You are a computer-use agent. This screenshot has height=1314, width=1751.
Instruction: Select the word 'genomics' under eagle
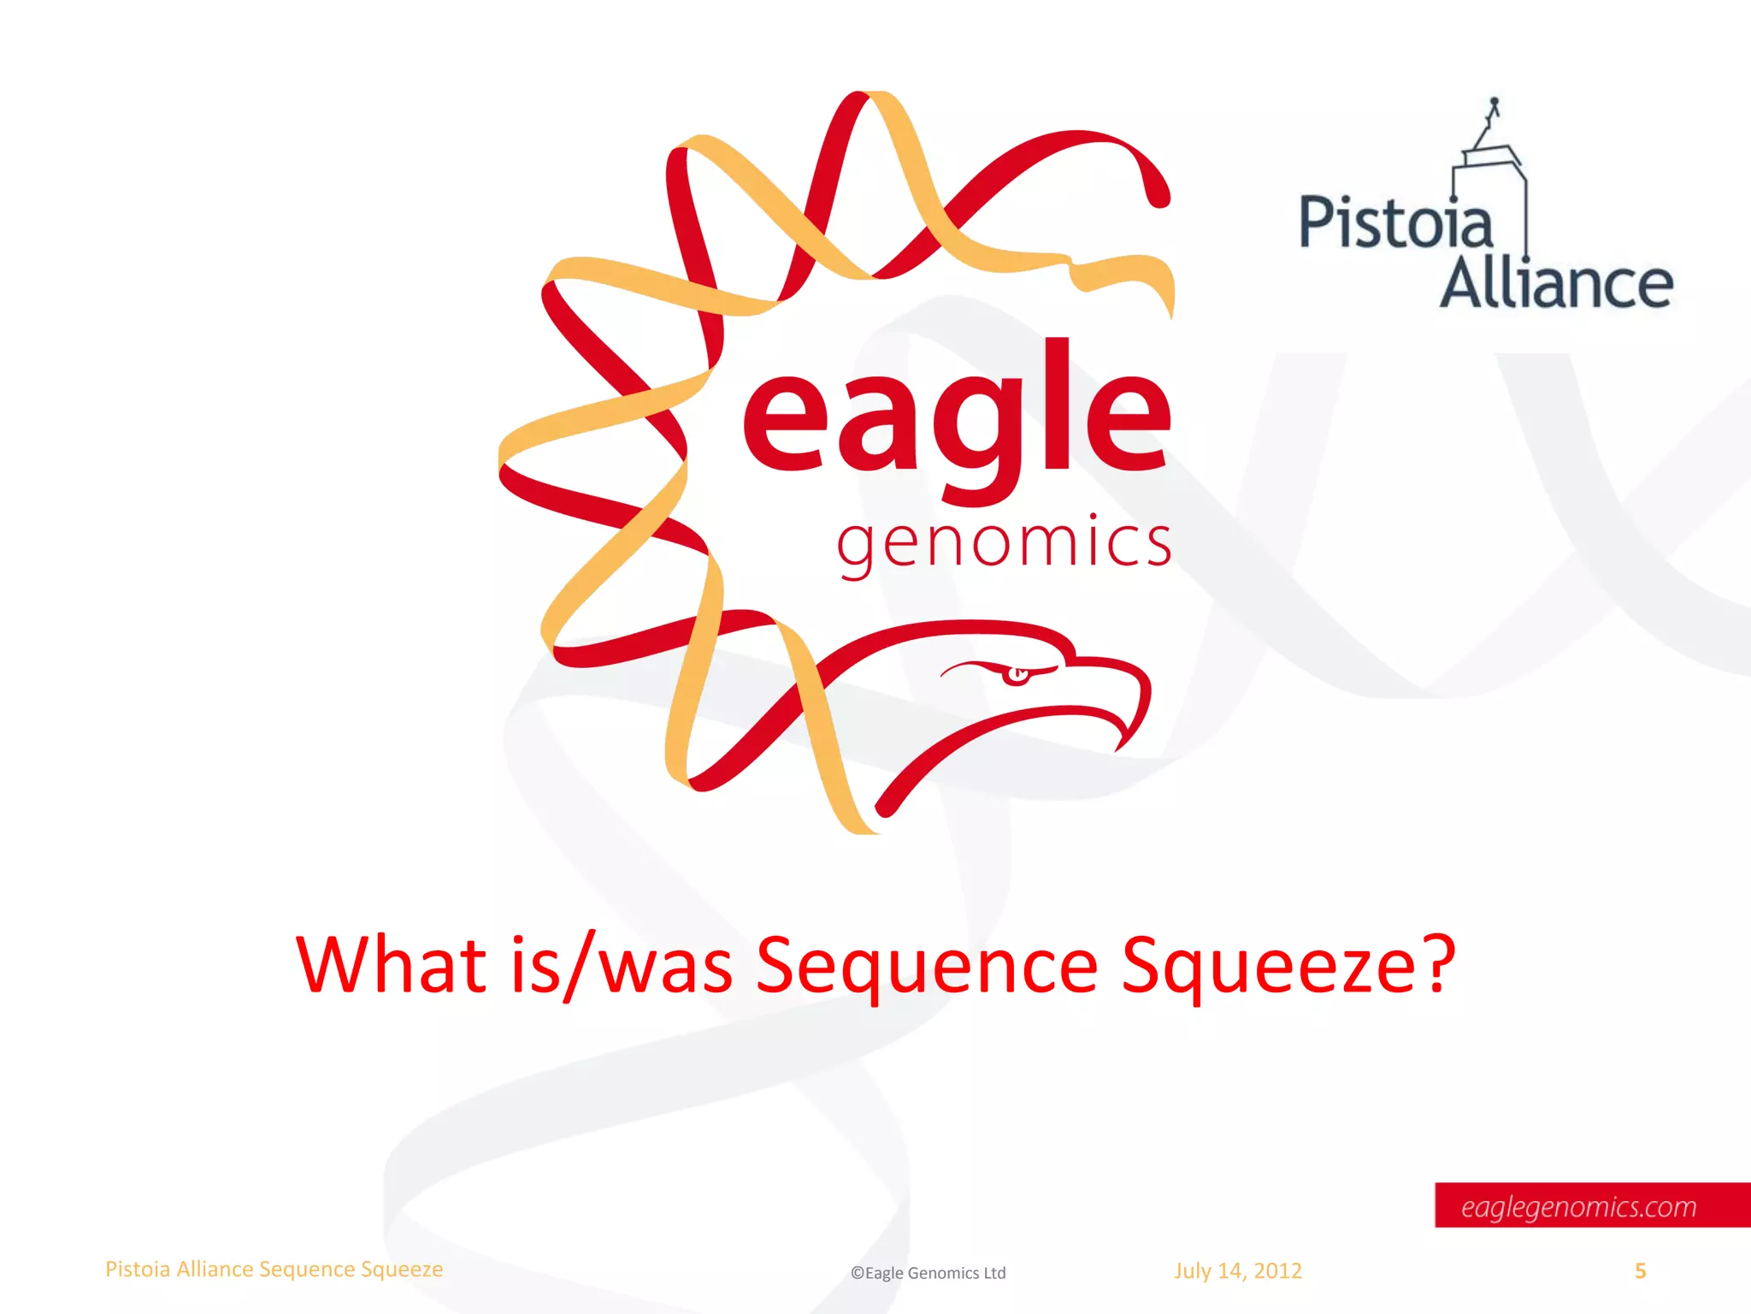[1004, 544]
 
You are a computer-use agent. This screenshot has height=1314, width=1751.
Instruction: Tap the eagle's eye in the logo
[1017, 675]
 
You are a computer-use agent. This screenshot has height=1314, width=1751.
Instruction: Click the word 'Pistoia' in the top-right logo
[1395, 222]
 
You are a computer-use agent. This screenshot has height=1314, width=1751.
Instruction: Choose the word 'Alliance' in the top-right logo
[1556, 284]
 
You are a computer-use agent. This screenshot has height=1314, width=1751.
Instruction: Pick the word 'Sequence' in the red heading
[927, 967]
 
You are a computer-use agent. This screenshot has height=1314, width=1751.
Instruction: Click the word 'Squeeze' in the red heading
[1265, 967]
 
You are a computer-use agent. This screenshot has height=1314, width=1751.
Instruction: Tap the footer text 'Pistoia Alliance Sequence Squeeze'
[274, 1270]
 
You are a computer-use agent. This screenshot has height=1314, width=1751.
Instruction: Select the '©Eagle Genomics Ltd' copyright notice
[928, 1273]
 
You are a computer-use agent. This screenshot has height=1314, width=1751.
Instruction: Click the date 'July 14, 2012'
[1237, 1270]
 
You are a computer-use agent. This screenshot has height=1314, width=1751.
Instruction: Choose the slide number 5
[1640, 1271]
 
